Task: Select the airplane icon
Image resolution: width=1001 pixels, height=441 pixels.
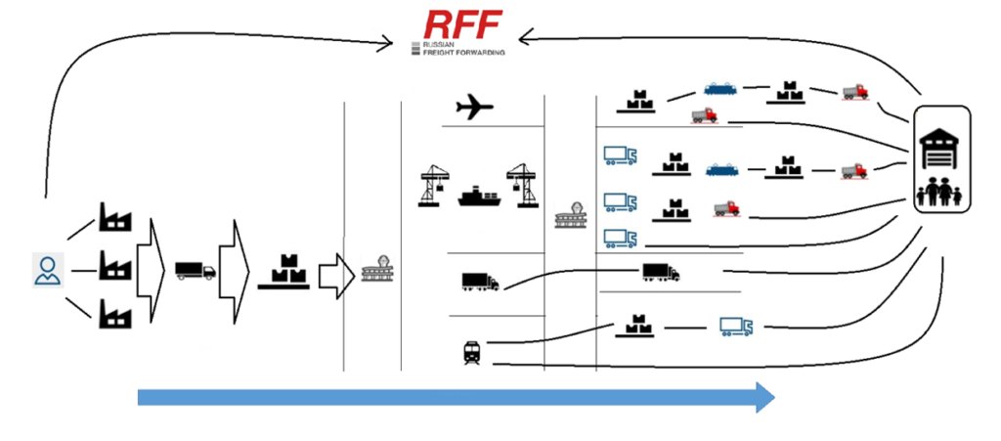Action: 475,108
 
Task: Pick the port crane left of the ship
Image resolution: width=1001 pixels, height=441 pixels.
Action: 434,185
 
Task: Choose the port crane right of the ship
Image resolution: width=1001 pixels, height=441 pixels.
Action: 522,185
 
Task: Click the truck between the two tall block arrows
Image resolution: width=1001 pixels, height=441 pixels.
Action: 195,271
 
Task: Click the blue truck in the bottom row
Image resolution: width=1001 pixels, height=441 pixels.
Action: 736,326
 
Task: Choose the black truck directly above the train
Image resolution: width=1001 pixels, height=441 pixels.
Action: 480,282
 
